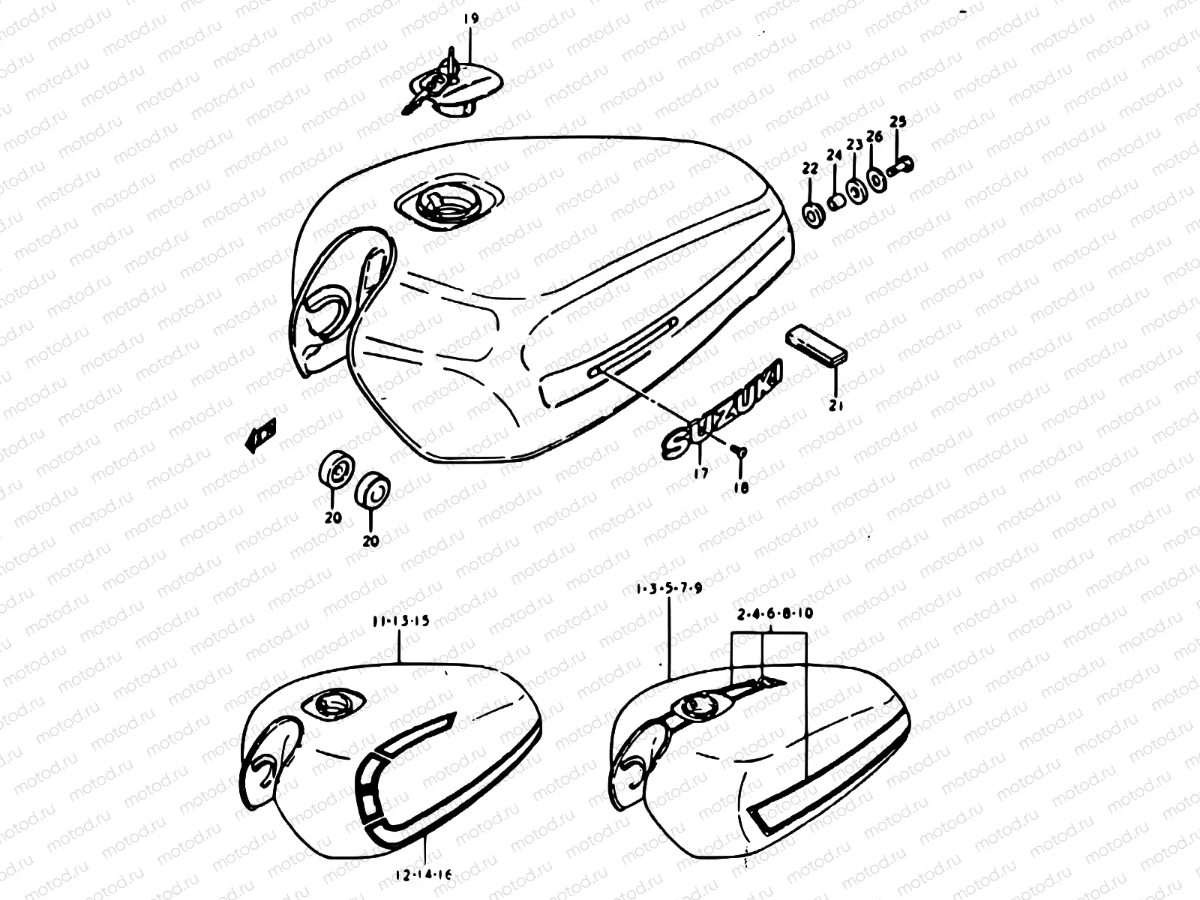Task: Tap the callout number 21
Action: click(836, 406)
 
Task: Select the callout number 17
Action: click(699, 473)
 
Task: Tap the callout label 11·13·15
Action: click(400, 621)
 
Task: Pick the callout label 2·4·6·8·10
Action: click(775, 613)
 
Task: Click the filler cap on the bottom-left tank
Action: click(330, 704)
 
